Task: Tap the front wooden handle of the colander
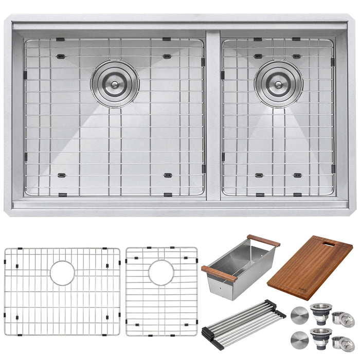[219, 274]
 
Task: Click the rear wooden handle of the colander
[263, 240]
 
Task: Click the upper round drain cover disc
[299, 314]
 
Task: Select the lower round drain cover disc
[299, 342]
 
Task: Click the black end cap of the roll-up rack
[280, 312]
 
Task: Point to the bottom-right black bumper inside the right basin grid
[298, 175]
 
